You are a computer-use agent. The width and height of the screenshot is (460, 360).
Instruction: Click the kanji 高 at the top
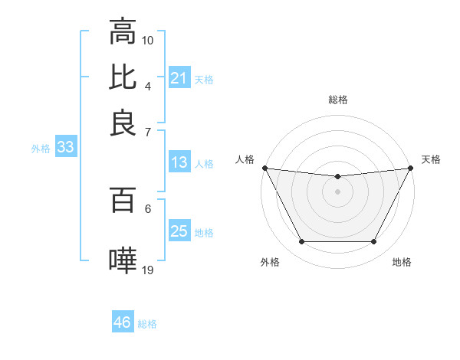(x=123, y=32)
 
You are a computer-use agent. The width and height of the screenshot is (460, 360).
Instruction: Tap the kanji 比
(x=123, y=77)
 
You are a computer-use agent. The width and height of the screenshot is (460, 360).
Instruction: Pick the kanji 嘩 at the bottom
(x=123, y=260)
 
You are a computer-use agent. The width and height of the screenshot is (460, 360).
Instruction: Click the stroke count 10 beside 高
(x=148, y=39)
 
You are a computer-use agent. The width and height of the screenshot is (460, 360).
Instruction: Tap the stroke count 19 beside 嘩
(x=148, y=269)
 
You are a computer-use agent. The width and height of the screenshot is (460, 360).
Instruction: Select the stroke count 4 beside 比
(x=148, y=85)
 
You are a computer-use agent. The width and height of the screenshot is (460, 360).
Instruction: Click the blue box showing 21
(x=179, y=78)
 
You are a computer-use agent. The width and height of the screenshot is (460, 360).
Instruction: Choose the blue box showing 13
(x=179, y=162)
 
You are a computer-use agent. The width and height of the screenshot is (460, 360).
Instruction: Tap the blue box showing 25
(x=179, y=231)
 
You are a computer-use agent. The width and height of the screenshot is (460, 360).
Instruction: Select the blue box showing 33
(x=65, y=148)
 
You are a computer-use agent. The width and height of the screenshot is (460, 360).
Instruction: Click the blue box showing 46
(x=122, y=322)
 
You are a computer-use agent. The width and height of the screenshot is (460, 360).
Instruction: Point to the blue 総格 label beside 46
(x=147, y=324)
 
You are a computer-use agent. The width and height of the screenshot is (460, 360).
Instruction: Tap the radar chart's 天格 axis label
(x=431, y=159)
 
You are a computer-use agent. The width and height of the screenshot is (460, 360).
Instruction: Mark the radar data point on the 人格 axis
(x=264, y=168)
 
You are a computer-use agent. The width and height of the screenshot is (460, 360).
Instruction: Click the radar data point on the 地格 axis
(x=373, y=242)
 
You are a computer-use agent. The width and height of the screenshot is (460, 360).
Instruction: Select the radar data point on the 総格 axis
(x=337, y=177)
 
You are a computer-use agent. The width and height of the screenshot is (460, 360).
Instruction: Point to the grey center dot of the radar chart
(x=337, y=191)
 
